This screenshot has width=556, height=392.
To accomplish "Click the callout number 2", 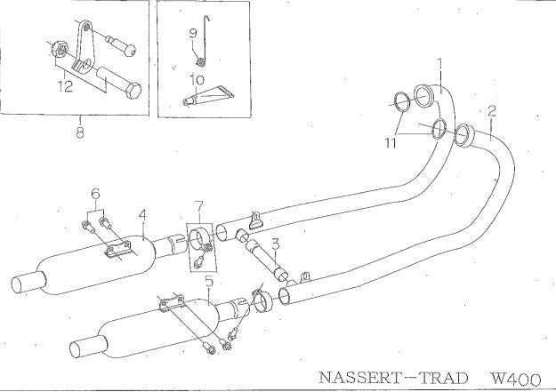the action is (x=491, y=111).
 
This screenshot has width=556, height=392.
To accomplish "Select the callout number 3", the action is (x=276, y=244).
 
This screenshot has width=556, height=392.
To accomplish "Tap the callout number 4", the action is (x=142, y=215).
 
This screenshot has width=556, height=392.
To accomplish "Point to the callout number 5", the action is (x=210, y=283).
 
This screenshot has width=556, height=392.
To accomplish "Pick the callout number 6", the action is (x=95, y=194).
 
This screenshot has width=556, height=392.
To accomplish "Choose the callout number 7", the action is (x=199, y=206).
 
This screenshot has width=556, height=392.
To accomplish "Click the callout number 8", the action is (x=80, y=132).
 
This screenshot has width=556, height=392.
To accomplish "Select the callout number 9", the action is (x=193, y=34).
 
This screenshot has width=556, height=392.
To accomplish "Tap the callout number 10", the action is (x=197, y=79).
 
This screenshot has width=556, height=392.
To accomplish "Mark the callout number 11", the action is (x=391, y=143).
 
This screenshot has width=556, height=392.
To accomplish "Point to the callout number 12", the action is (x=66, y=86).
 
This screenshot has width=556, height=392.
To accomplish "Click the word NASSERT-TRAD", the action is (x=393, y=378).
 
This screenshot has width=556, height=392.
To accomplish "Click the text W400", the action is (x=516, y=379).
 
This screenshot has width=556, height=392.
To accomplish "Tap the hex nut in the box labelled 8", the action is (x=59, y=49).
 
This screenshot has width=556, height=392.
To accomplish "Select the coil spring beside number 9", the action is (x=201, y=62).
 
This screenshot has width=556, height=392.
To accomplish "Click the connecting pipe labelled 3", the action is (x=265, y=254).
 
